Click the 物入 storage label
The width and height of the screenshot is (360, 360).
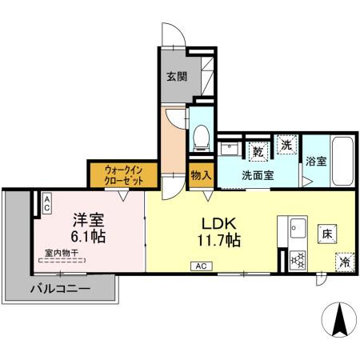(200, 174)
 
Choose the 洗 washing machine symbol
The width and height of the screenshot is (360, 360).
(286, 145)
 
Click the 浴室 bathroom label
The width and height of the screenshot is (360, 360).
(316, 161)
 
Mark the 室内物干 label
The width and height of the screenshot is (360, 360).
(62, 254)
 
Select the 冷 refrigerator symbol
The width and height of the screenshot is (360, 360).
(344, 260)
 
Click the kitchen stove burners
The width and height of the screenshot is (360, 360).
(298, 258)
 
